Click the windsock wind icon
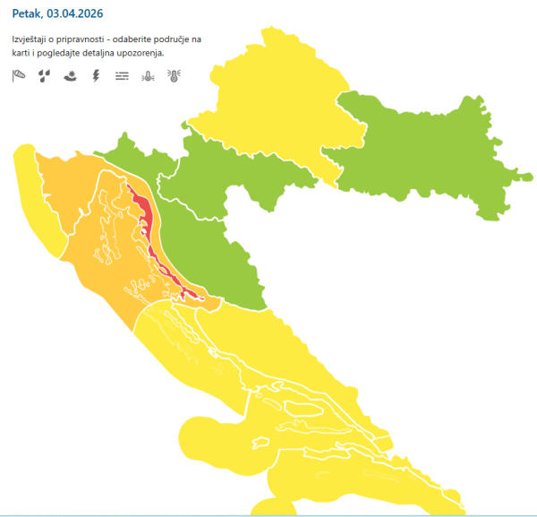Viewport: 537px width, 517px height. point(19,76)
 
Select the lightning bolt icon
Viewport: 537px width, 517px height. point(96,76)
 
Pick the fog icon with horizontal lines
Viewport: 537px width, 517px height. point(122,76)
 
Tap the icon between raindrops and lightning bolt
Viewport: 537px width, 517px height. point(71,76)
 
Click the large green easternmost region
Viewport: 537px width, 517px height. point(421,148)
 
